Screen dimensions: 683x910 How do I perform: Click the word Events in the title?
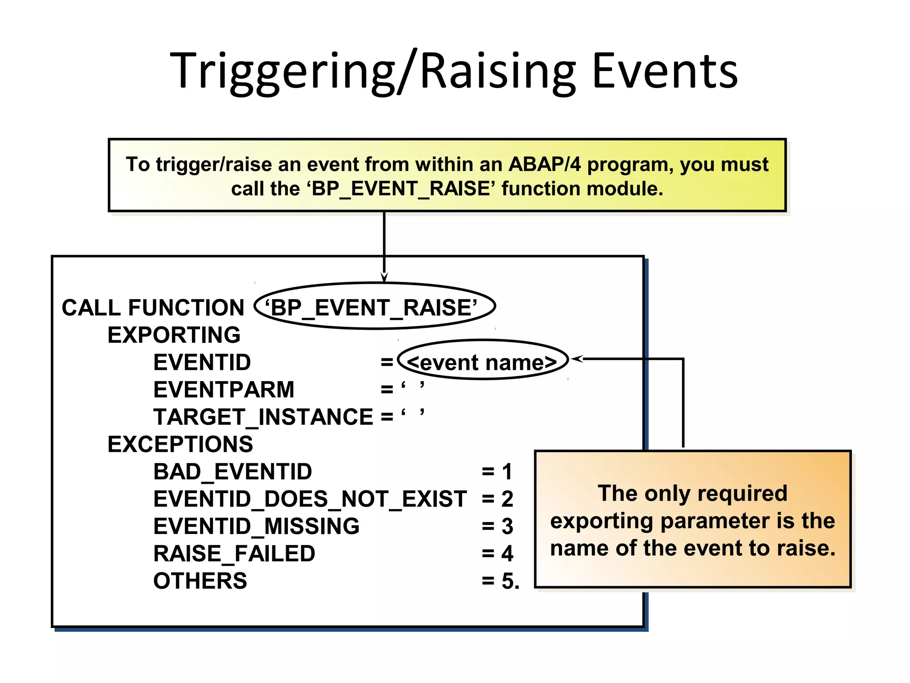[x=665, y=71]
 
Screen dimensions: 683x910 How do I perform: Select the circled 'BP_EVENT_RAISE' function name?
[x=374, y=307]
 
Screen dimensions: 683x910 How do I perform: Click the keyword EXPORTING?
[x=174, y=335]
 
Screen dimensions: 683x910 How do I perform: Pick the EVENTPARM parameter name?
[x=224, y=390]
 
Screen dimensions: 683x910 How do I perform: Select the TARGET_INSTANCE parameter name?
[x=263, y=417]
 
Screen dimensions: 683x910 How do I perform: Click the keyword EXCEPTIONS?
[x=180, y=444]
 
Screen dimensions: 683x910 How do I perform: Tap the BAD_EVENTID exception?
[x=232, y=472]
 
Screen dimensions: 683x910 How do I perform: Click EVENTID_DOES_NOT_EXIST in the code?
[x=310, y=499]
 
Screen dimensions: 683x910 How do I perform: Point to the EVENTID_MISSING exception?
[x=256, y=526]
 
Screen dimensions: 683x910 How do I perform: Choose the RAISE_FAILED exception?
[x=234, y=554]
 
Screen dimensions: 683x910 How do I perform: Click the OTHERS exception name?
[x=200, y=581]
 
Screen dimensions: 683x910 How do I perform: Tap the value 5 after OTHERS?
[x=507, y=581]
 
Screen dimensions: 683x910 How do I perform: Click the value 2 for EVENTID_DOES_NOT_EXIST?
[x=507, y=499]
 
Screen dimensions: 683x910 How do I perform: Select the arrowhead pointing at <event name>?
[x=576, y=358]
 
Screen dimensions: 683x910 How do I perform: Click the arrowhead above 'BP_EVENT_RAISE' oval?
[x=384, y=278]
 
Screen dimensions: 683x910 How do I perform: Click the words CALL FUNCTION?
[x=153, y=308]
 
